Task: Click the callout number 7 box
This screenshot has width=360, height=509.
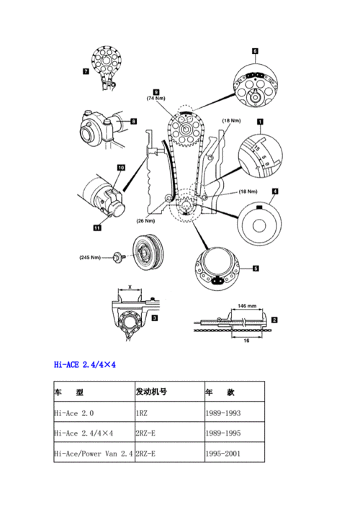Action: [86, 71]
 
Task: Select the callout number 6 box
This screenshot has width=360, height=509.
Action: [255, 51]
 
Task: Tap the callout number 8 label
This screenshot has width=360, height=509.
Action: [134, 122]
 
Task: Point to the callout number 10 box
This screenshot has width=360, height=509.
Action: [121, 168]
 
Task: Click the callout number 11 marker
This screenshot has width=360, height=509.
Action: [96, 228]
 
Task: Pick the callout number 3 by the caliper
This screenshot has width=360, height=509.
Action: [156, 317]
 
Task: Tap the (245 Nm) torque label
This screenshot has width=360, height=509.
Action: [91, 256]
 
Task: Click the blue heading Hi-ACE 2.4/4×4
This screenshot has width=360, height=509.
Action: [85, 364]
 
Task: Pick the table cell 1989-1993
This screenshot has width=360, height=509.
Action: [223, 413]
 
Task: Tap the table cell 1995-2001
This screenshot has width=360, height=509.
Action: [223, 454]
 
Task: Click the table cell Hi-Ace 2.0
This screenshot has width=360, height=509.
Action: [74, 413]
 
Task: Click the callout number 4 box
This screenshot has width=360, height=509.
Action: [275, 192]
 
